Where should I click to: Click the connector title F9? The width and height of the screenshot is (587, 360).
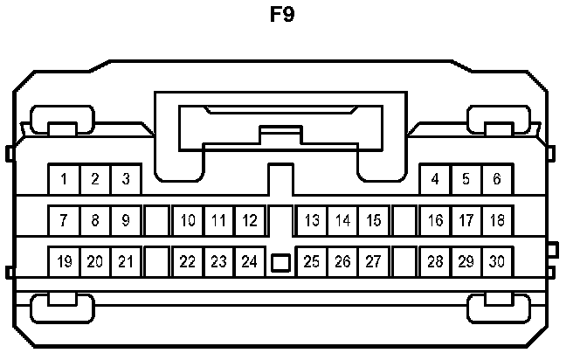pyautogui.click(x=282, y=17)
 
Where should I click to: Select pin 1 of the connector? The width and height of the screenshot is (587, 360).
pyautogui.click(x=64, y=180)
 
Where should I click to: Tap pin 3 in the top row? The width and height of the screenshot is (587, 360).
pyautogui.click(x=126, y=180)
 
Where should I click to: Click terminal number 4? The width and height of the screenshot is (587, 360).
pyautogui.click(x=435, y=180)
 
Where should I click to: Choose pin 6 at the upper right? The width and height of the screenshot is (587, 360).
pyautogui.click(x=497, y=180)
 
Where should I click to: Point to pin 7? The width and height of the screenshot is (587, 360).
pyautogui.click(x=64, y=221)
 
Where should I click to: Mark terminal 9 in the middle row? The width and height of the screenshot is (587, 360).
pyautogui.click(x=126, y=221)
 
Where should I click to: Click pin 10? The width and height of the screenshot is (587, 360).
pyautogui.click(x=188, y=221)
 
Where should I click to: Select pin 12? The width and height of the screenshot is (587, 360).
pyautogui.click(x=250, y=221)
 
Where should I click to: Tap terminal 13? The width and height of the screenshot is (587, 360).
pyautogui.click(x=312, y=221)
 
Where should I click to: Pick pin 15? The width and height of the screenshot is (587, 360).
pyautogui.click(x=373, y=221)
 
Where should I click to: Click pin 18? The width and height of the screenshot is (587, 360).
pyautogui.click(x=497, y=221)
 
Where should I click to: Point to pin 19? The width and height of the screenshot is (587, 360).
pyautogui.click(x=64, y=261)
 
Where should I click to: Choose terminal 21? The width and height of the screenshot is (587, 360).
pyautogui.click(x=126, y=261)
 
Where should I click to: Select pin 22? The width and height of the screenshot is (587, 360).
pyautogui.click(x=188, y=261)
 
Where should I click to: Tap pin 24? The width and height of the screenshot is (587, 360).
pyautogui.click(x=250, y=261)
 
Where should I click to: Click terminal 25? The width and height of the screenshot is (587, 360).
pyautogui.click(x=312, y=261)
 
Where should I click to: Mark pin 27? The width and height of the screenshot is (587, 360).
pyautogui.click(x=373, y=261)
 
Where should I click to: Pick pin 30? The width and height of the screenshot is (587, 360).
pyautogui.click(x=497, y=261)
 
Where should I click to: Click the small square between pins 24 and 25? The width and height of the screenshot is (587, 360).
pyautogui.click(x=280, y=261)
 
